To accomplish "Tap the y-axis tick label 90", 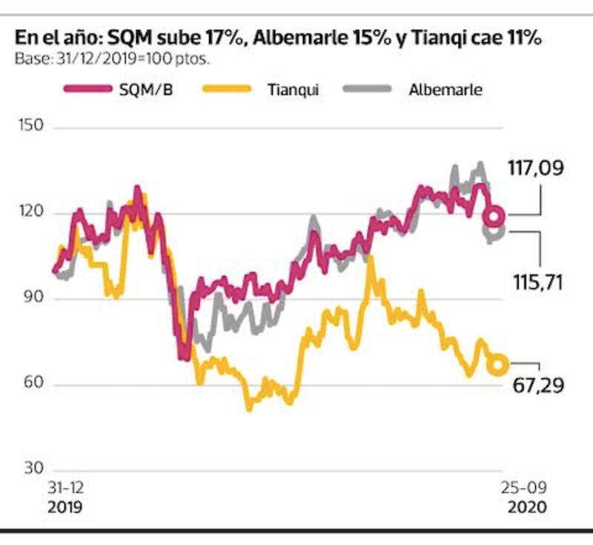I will coord(30,299).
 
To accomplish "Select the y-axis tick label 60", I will coord(30,384).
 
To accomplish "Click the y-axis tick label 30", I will coord(30,469).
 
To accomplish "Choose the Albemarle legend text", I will coord(445,90).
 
